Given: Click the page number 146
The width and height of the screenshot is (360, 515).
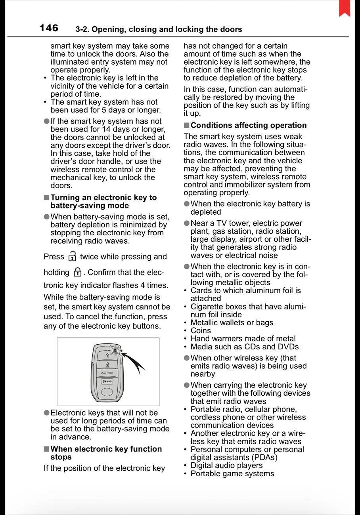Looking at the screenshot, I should pos(49,28).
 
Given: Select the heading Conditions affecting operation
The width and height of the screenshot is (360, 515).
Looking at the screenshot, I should pos(248,125).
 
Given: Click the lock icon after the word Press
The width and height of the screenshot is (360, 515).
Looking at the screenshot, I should pos(72,256).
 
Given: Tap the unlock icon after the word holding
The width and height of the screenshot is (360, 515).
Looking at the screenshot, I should pos(78,272).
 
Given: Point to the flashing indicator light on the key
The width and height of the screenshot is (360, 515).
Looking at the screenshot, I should pos(115,350).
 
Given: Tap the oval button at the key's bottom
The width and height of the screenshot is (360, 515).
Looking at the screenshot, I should pos(107,392).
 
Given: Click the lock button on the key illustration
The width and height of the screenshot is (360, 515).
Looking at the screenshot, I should pos(107,355).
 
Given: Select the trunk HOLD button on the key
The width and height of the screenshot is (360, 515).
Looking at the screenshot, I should pos(107,373).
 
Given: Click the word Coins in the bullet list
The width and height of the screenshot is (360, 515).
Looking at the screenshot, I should pos(201,330).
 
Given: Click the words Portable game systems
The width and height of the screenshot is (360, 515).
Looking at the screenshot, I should pos(232,473).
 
